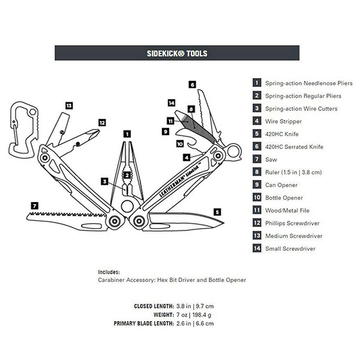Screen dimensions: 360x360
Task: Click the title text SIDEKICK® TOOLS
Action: pyautogui.click(x=177, y=53)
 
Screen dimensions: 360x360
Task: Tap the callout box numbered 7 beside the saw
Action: pyautogui.click(x=35, y=206)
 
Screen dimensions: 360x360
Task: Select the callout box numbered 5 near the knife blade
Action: pyautogui.click(x=216, y=211)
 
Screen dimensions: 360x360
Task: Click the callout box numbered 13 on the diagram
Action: pyautogui.click(x=69, y=106)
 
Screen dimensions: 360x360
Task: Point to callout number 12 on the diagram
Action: pyautogui.click(x=102, y=122)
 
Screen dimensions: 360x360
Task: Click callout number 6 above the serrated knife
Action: pyautogui.click(x=193, y=85)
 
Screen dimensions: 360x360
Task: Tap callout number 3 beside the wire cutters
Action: pyautogui.click(x=104, y=181)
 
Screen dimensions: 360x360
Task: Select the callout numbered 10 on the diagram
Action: pyautogui.click(x=179, y=143)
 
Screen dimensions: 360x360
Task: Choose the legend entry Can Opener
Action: pyautogui.click(x=280, y=185)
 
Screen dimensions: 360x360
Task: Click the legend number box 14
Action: pyautogui.click(x=257, y=248)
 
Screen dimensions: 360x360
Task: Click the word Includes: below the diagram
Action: pyautogui.click(x=109, y=271)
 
